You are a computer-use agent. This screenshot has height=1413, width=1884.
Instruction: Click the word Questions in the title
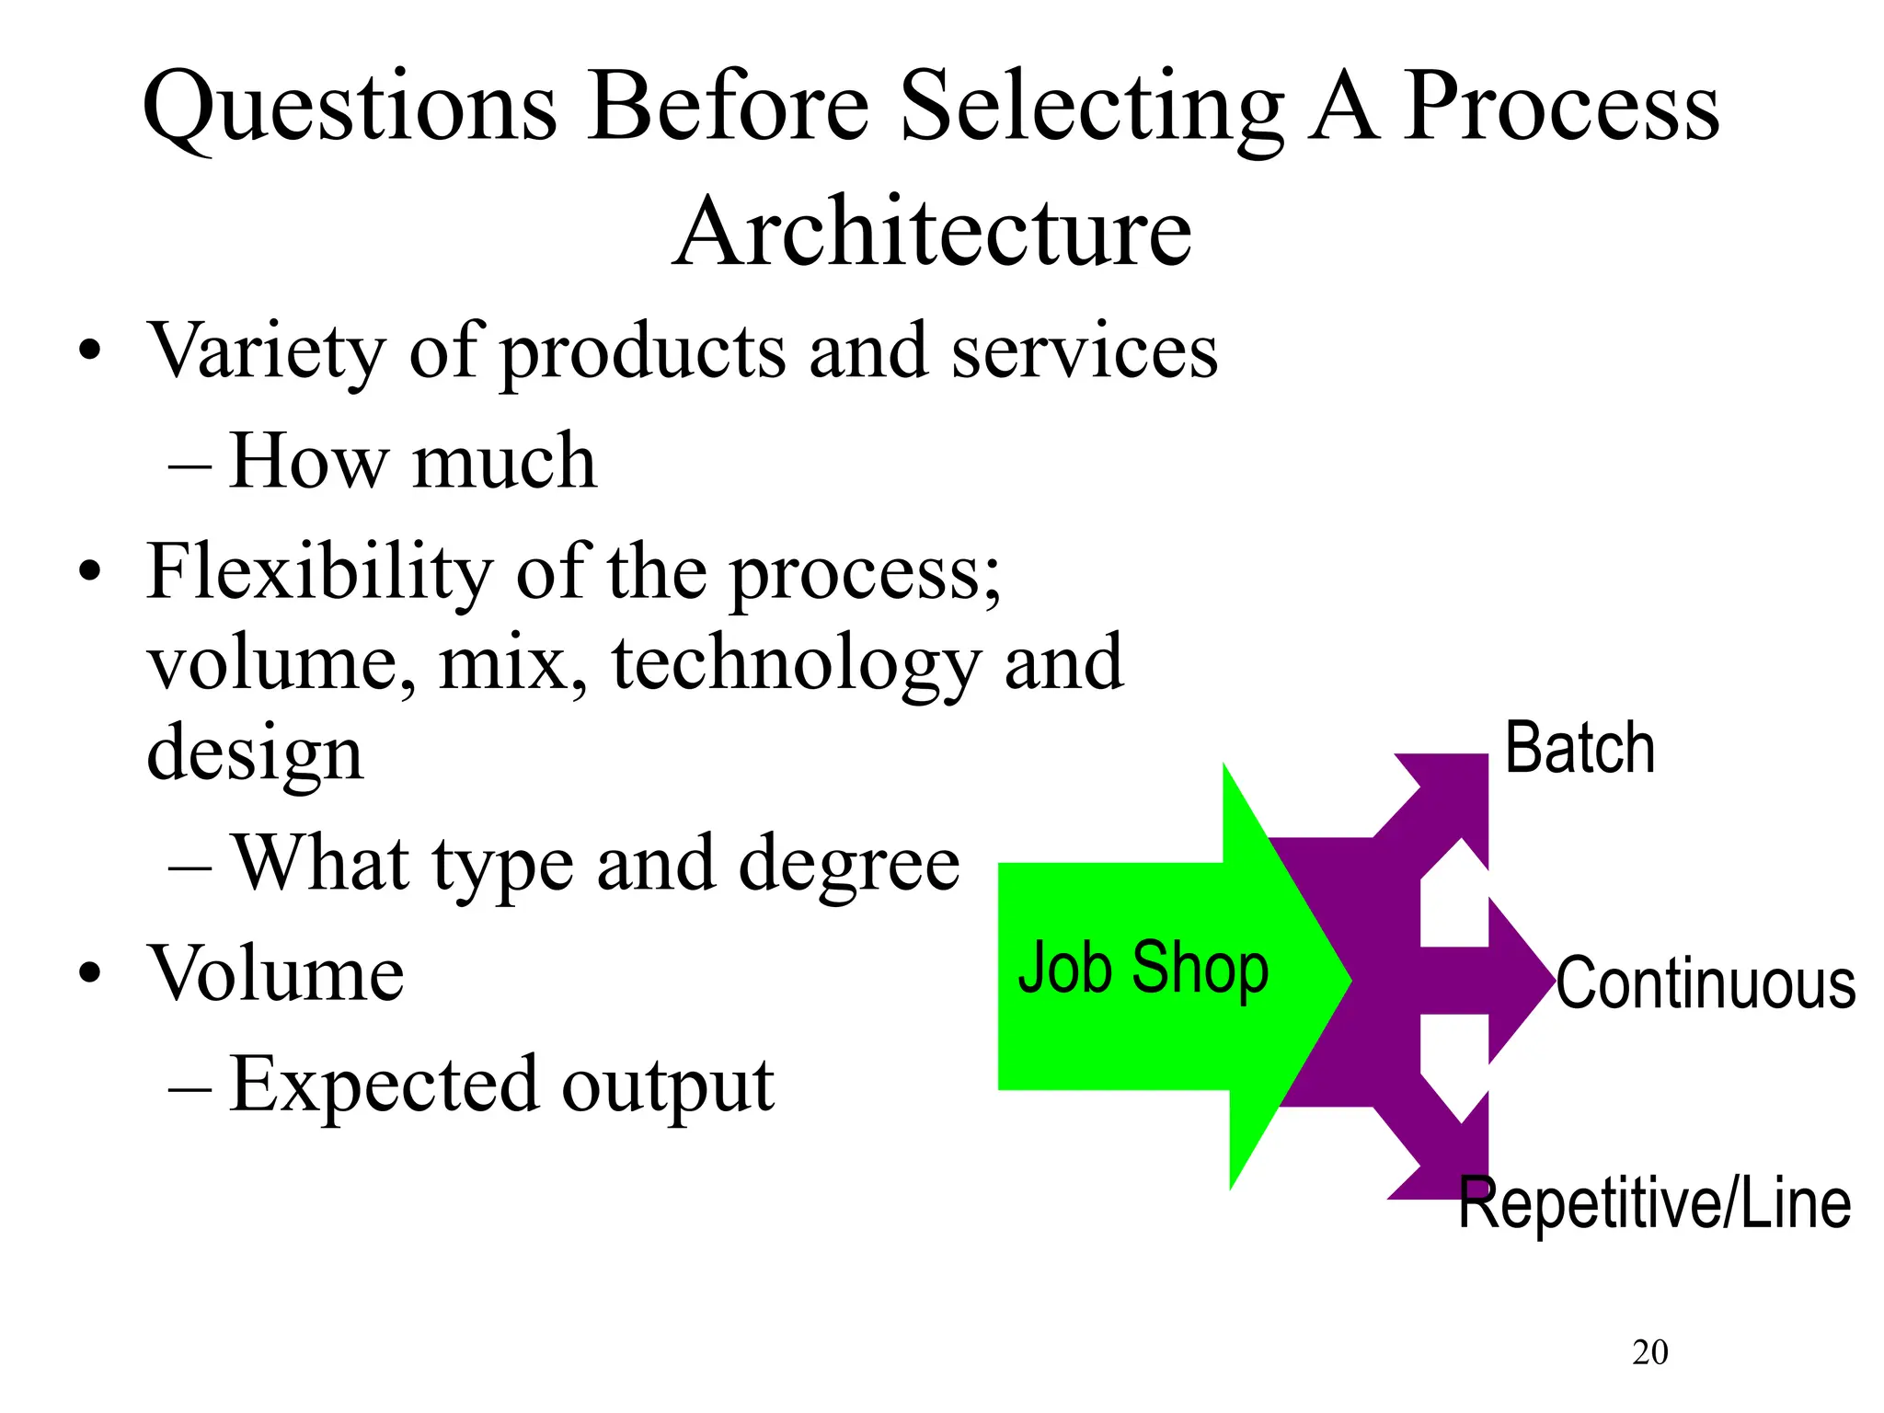[x=350, y=109]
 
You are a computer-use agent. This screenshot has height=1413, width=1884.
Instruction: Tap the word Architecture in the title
[x=932, y=232]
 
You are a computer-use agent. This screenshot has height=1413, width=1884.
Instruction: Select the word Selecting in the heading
[x=1091, y=109]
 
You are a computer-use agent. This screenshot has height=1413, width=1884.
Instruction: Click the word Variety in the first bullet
[x=267, y=351]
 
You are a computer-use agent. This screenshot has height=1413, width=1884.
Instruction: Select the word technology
[x=797, y=664]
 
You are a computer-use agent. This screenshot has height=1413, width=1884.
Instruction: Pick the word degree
[x=849, y=865]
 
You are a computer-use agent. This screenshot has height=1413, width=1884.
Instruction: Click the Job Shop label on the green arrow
[x=1143, y=968]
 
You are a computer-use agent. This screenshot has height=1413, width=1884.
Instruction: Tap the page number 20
[x=1649, y=1352]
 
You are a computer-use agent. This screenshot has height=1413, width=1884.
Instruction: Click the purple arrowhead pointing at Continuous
[x=1518, y=981]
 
